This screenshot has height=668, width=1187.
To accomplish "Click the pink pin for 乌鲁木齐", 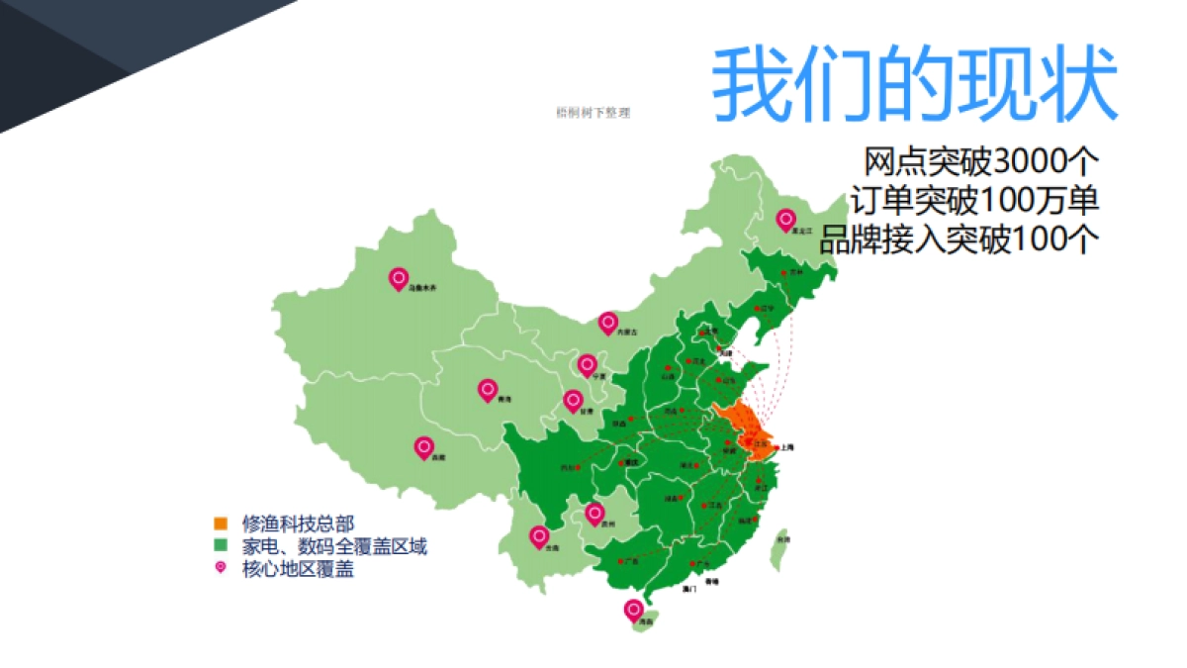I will (398, 280).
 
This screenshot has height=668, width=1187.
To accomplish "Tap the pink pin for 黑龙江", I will (786, 220).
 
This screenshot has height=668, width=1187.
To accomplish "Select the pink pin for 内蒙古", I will (608, 323).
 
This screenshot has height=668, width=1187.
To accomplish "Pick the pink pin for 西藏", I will (424, 448).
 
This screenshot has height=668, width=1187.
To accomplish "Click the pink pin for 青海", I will (487, 390).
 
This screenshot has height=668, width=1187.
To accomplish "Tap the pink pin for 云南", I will (539, 536).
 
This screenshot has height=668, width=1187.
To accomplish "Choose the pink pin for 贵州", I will (593, 513).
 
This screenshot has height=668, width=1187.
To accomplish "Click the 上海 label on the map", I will (787, 447).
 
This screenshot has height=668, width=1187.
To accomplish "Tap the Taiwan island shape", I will (779, 548).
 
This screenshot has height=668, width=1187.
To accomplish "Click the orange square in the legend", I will (221, 523).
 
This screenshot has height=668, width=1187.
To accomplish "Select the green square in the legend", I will (221, 545).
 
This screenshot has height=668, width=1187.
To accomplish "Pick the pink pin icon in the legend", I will (221, 568).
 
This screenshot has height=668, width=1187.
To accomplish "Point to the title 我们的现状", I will (914, 84).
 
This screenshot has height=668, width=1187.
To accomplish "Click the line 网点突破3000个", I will (981, 161).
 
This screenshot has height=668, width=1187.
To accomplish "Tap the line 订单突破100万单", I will (973, 200).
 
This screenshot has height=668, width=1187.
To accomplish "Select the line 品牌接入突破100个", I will (959, 239).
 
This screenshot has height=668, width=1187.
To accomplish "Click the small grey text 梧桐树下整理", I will (593, 113).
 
